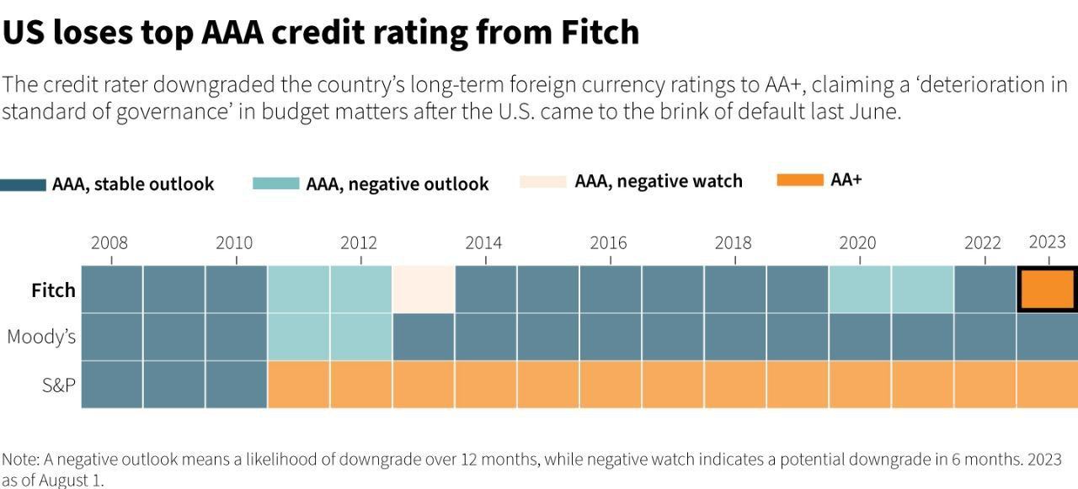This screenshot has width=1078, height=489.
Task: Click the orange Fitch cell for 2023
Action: tap(1047, 290)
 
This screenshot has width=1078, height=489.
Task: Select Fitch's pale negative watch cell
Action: tap(424, 290)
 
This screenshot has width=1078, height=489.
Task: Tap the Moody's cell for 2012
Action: tap(361, 337)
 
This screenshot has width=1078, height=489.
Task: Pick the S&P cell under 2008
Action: tap(112, 385)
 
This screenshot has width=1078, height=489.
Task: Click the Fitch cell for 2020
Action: tap(860, 290)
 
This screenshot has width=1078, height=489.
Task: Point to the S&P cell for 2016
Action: tap(611, 385)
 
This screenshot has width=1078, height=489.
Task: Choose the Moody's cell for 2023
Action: tap(1047, 337)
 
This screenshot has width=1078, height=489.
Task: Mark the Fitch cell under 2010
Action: tap(237, 290)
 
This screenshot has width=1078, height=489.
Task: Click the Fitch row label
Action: tap(53, 290)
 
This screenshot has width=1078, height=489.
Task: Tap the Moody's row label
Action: tap(41, 338)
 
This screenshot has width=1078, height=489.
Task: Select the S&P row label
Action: tap(59, 385)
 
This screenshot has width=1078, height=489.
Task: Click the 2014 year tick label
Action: tap(483, 243)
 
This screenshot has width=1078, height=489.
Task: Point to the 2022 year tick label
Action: tap(982, 243)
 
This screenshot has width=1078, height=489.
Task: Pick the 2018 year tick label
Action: tap(733, 243)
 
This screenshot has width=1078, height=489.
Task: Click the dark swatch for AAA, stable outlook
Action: tap(23, 184)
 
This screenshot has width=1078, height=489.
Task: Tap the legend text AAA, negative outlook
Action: tap(398, 184)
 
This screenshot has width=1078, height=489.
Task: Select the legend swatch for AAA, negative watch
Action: tap(543, 181)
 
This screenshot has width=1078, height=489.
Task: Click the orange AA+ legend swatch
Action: tap(799, 179)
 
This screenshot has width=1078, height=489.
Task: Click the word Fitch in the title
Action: tap(599, 32)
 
